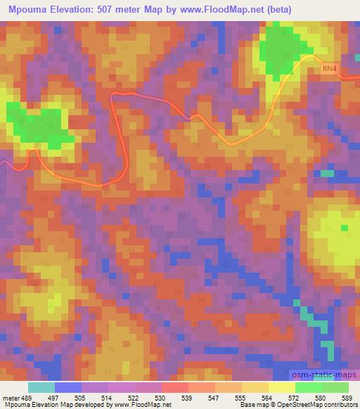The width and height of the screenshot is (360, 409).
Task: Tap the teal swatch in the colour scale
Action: click(x=41, y=387)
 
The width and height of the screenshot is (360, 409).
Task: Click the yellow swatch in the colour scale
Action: click(x=281, y=387)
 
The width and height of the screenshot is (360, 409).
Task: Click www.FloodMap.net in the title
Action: click(x=211, y=9)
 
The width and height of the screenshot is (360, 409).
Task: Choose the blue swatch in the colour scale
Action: click(x=68, y=387)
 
